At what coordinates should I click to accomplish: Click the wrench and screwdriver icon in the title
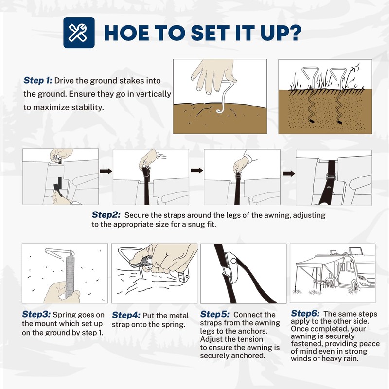(x=78, y=32)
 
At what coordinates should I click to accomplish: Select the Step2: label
(x=106, y=214)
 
